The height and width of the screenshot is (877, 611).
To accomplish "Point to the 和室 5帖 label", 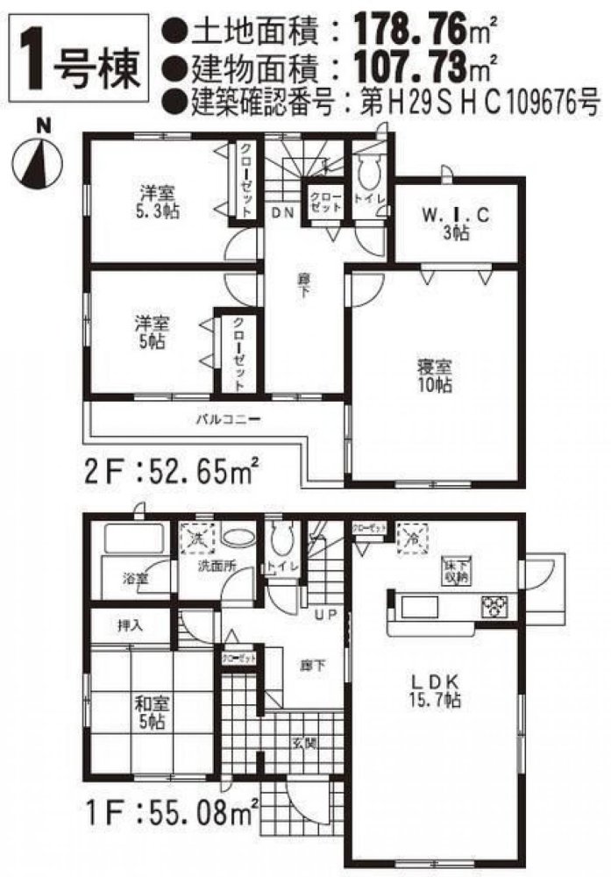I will click(148, 710).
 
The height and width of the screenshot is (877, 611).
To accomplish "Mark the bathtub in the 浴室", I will click(133, 538).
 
